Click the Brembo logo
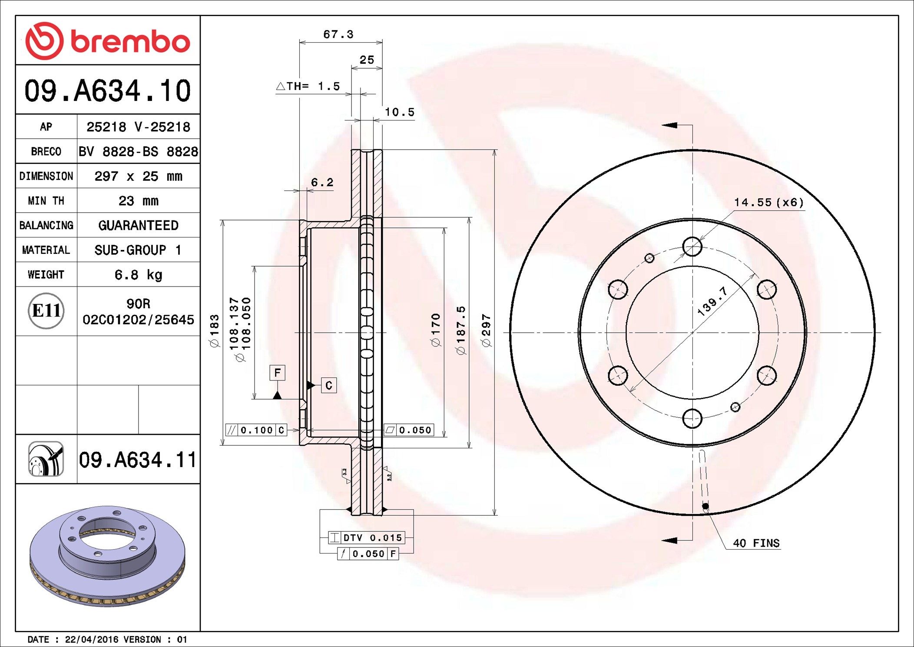point(107,41)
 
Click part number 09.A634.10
point(107,91)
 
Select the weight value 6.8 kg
point(138,275)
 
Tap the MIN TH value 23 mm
point(138,201)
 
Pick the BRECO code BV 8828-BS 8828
point(138,151)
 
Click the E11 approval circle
point(46,311)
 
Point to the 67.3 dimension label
point(338,34)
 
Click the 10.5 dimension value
point(399,112)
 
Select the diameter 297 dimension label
point(486,330)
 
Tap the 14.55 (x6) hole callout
point(768,203)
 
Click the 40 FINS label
point(756,543)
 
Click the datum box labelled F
point(277,373)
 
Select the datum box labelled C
point(329,385)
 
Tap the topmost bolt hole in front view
point(692,247)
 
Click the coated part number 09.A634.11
point(138,460)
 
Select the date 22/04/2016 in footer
point(91,640)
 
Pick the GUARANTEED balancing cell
point(138,225)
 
